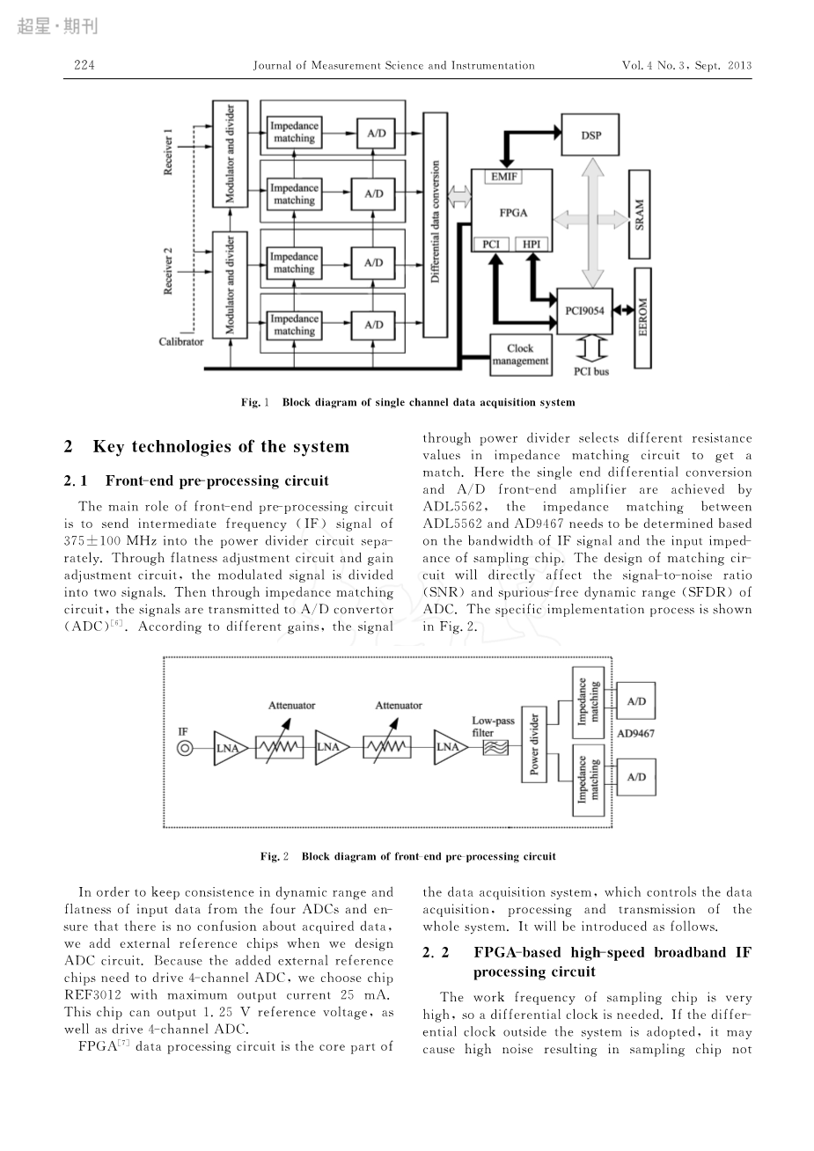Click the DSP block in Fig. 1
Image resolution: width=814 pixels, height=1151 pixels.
[x=590, y=135]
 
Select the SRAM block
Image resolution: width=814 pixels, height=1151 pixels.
[x=639, y=214]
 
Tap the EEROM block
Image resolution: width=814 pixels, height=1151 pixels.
[x=643, y=318]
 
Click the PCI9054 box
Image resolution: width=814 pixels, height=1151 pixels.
[x=585, y=311]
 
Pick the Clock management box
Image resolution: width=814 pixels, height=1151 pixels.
[x=521, y=355]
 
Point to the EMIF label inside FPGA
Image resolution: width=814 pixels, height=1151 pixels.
[x=503, y=177]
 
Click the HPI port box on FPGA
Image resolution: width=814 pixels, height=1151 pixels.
[x=532, y=244]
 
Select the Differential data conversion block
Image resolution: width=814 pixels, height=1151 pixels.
[x=436, y=224]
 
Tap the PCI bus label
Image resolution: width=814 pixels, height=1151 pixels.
[x=591, y=371]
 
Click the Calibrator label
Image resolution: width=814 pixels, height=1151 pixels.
[x=181, y=341]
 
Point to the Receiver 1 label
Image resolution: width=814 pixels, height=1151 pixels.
[x=168, y=152]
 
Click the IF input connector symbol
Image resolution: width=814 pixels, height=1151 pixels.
[x=185, y=748]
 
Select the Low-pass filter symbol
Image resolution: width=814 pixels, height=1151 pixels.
[x=495, y=748]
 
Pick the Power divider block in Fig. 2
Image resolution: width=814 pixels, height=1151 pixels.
[x=534, y=744]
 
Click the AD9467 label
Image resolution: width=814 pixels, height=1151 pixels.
[x=635, y=734]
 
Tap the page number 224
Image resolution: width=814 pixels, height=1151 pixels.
[x=84, y=65]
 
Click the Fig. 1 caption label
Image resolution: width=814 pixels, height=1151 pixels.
[x=255, y=402]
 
